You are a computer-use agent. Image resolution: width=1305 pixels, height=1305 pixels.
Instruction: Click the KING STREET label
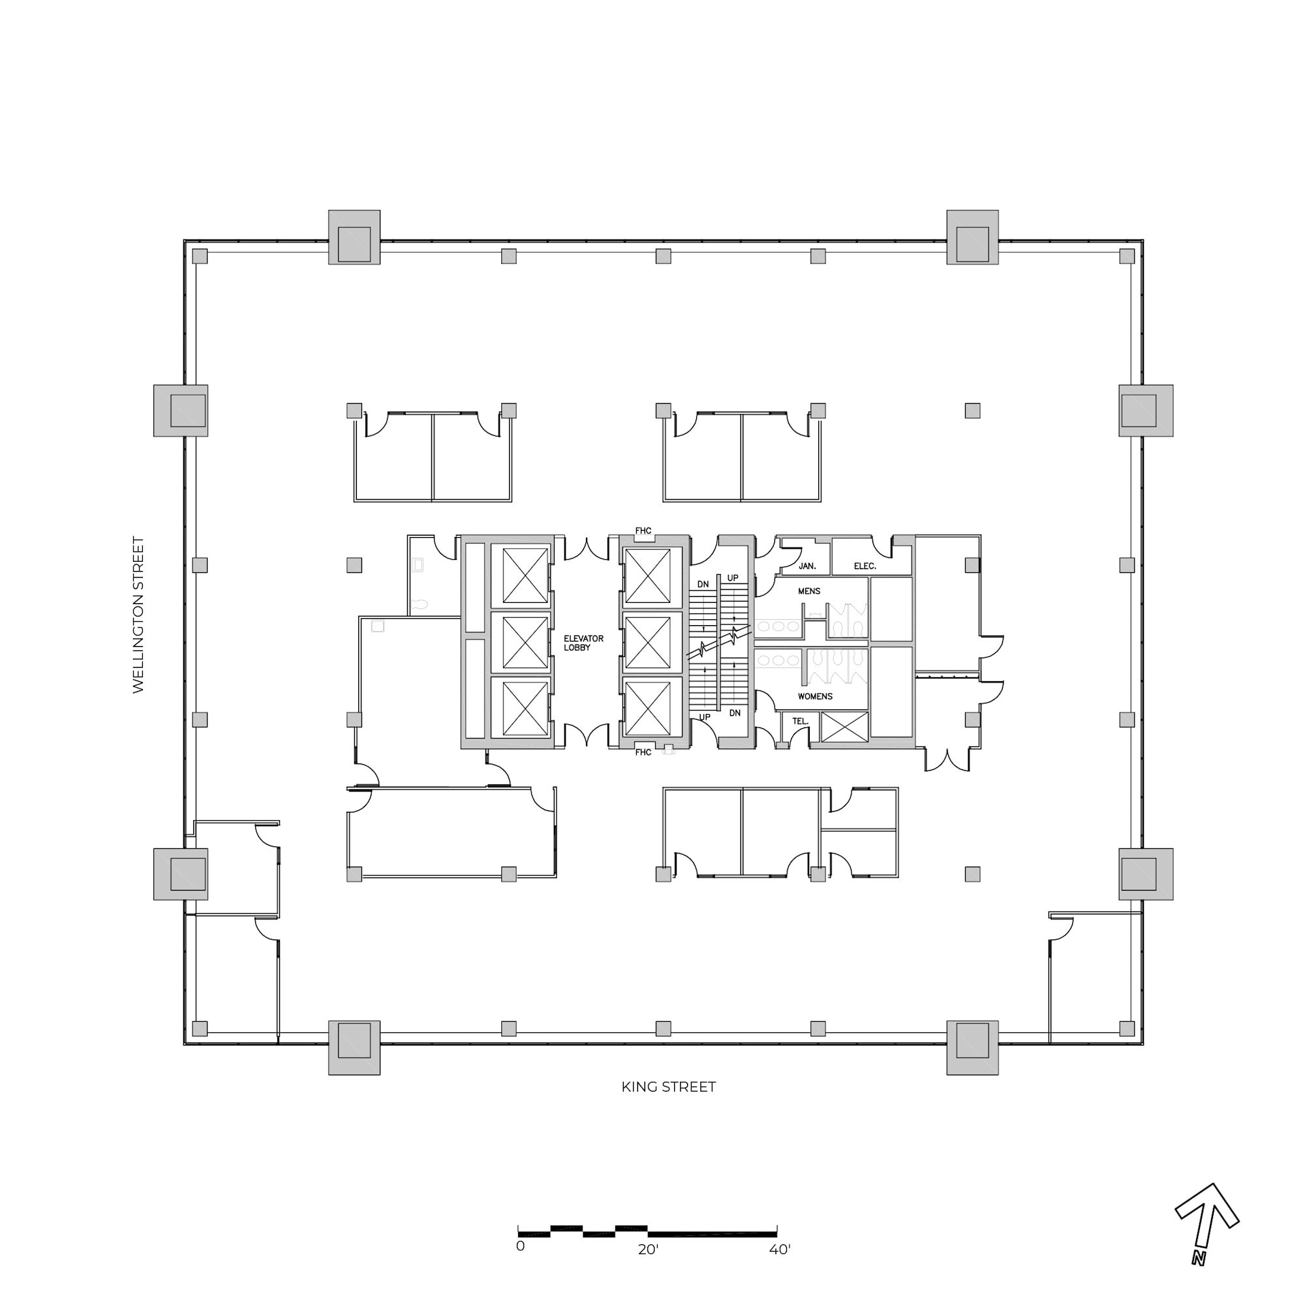[668, 1087]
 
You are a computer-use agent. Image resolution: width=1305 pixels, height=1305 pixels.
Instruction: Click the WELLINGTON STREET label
[138, 615]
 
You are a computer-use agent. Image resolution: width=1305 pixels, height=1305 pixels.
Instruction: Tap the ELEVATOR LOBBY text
[583, 643]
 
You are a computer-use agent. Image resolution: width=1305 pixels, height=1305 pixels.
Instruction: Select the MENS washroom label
[808, 591]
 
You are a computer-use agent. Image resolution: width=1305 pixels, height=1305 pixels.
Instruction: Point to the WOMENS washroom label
[814, 696]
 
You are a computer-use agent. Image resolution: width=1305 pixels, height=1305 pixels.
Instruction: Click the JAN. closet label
[807, 566]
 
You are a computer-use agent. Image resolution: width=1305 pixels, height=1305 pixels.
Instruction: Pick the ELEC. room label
[865, 566]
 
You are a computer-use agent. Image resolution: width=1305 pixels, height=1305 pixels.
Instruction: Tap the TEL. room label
[800, 722]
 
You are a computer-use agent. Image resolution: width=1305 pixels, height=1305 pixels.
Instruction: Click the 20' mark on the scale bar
[648, 1250]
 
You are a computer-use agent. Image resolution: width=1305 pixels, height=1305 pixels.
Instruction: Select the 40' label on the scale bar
[780, 1250]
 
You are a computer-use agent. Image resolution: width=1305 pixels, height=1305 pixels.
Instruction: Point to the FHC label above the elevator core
[643, 531]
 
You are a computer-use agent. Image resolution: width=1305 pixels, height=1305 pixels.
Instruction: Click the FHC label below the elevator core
[643, 752]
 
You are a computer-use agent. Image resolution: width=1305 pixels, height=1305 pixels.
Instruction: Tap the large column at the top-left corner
[354, 237]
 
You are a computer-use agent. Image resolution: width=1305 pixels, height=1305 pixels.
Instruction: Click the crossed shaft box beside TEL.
[844, 727]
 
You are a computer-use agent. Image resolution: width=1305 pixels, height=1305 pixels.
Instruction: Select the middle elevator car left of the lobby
[525, 642]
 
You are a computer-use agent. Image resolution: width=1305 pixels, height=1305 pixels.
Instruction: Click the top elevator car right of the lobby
[648, 576]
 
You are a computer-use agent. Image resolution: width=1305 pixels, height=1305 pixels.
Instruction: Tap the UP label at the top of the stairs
[733, 578]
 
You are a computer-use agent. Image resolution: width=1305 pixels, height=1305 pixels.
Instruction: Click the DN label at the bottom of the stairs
[735, 713]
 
